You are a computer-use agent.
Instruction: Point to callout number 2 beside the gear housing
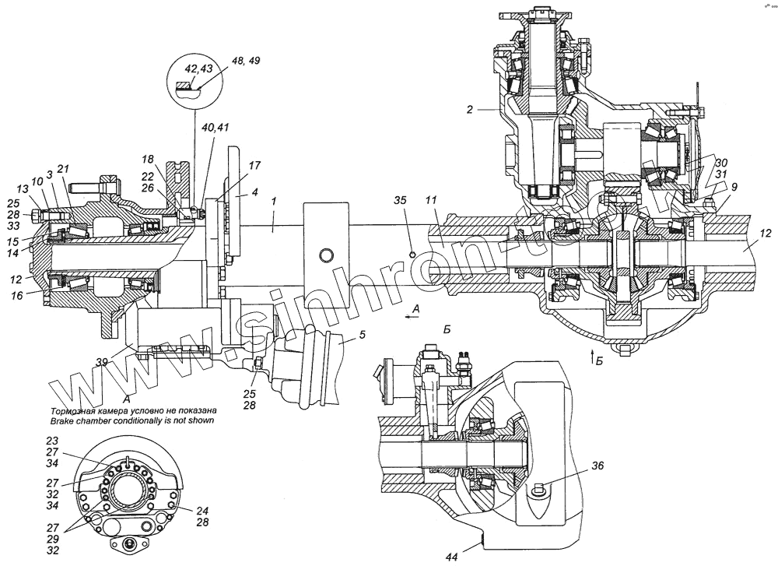(x=471, y=111)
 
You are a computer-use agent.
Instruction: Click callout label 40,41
(x=215, y=128)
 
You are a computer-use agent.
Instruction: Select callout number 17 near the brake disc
(x=255, y=165)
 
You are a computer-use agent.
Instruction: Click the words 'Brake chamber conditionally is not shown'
(x=131, y=420)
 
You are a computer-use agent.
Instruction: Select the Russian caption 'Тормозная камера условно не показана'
(x=131, y=410)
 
